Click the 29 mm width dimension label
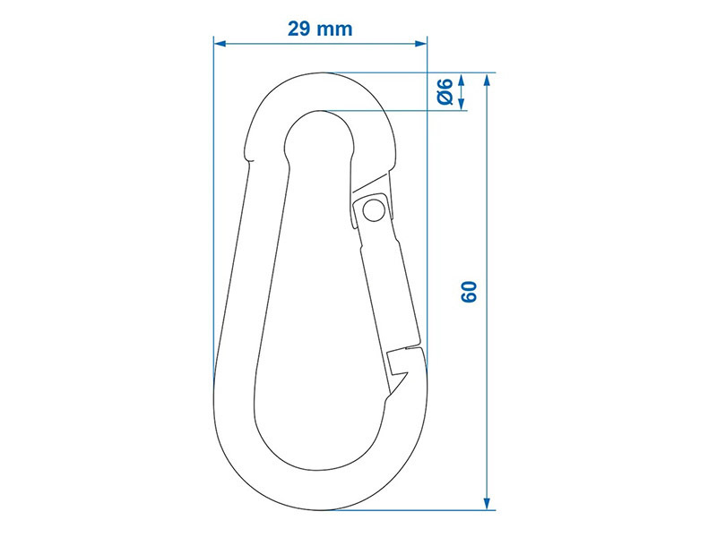320,29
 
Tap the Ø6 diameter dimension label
445,91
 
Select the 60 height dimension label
469,292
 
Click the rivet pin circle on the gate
374,210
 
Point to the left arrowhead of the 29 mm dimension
220,43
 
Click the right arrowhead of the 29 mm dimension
420,43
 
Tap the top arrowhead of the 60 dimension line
487,80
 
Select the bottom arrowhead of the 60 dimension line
487,503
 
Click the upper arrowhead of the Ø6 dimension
461,79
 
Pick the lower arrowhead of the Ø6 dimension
461,104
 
